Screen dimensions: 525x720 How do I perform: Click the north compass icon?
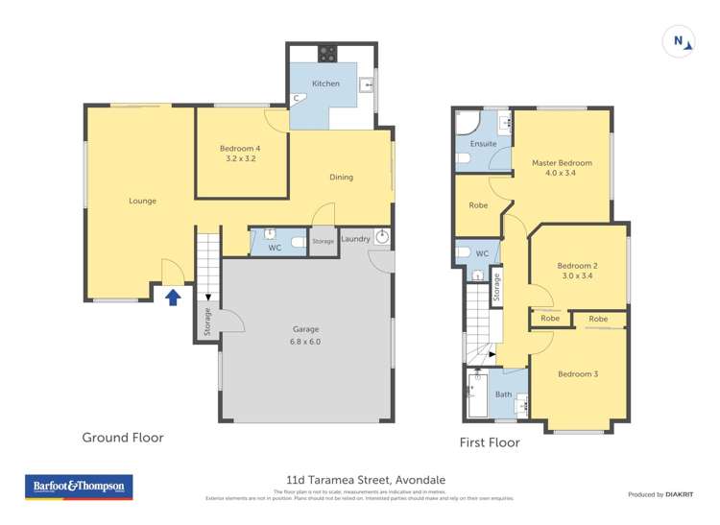[680, 41]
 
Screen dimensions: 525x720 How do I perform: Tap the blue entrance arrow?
[173, 298]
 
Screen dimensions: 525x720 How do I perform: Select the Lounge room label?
[143, 201]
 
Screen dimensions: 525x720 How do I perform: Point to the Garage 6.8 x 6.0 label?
[306, 335]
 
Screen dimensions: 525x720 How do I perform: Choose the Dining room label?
[341, 177]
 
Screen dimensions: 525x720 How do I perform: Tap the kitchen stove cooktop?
[327, 54]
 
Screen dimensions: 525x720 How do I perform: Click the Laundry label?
[354, 239]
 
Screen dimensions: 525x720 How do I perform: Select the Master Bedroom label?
[562, 168]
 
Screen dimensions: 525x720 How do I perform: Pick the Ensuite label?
[483, 144]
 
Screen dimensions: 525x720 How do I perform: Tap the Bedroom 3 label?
[577, 373]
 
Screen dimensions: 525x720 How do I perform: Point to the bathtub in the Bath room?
[476, 394]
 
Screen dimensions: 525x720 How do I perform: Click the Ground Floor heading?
[123, 438]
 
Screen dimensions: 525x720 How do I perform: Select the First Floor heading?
[490, 442]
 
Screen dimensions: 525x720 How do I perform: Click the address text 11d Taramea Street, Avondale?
[366, 479]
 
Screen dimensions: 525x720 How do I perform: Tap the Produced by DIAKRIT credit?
[660, 494]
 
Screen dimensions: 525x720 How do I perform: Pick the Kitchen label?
[325, 84]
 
